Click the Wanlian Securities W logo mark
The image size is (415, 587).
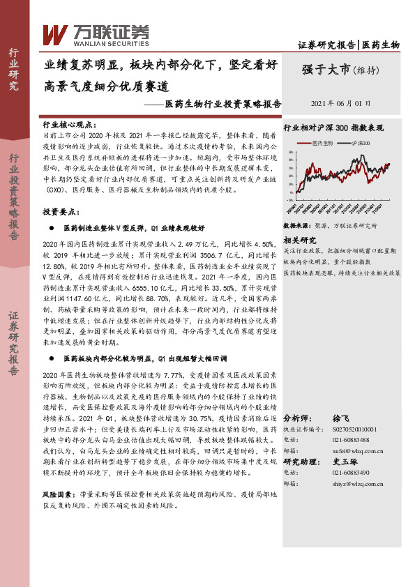tap(55, 34)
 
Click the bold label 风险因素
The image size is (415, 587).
tap(56, 493)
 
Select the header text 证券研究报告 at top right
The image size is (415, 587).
tap(327, 45)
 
